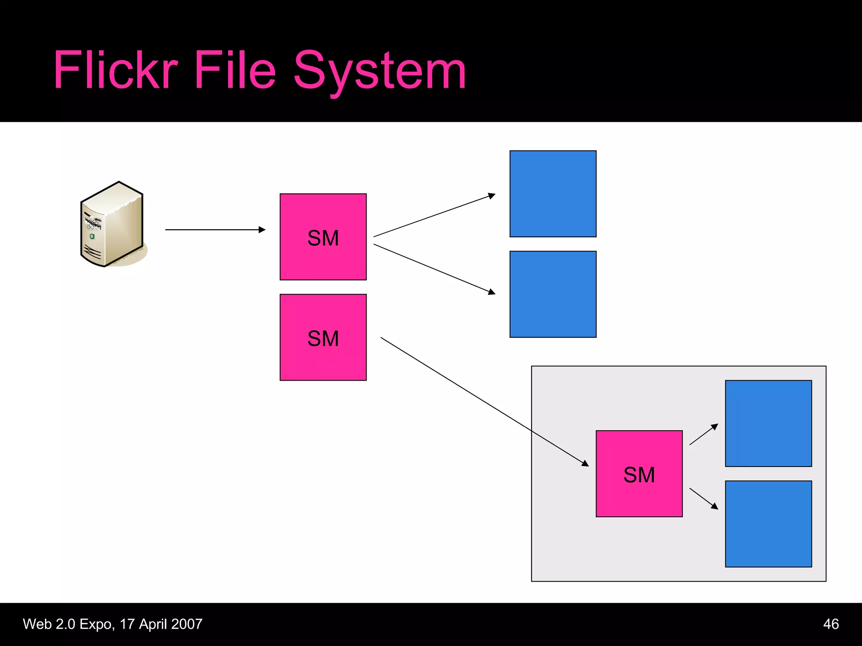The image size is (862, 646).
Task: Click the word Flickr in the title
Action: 116,70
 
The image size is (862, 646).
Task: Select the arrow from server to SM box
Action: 215,230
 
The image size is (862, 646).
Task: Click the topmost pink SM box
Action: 323,237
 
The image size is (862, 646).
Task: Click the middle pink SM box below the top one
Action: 323,337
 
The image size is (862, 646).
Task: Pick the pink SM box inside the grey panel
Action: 639,474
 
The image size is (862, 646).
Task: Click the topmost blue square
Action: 553,194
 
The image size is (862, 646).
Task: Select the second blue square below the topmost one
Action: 553,294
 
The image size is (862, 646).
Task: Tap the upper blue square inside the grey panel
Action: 768,423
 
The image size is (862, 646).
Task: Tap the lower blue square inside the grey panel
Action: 768,524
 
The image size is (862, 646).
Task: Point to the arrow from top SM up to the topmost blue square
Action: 434,216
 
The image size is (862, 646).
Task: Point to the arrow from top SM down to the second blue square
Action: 434,269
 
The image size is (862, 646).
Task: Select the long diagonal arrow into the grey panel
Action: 484,401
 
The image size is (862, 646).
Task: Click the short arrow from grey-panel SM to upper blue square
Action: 703,434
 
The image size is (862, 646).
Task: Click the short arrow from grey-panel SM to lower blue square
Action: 703,498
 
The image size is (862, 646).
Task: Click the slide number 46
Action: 830,624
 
